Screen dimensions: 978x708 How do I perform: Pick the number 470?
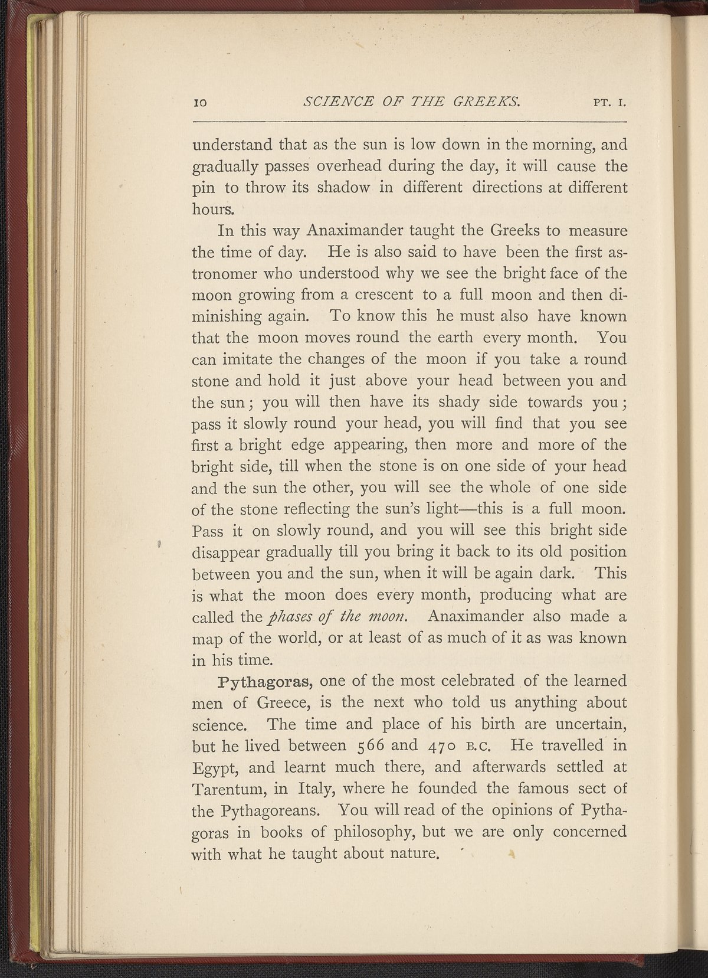coord(440,746)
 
